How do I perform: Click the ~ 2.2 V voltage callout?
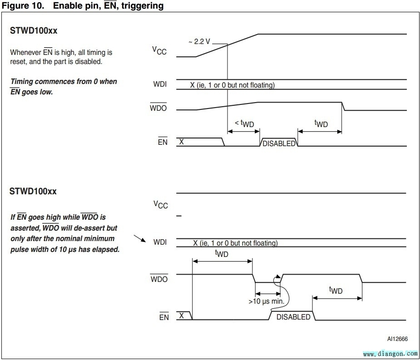coord(199,42)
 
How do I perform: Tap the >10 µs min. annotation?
coord(266,301)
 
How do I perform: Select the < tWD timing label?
coord(244,123)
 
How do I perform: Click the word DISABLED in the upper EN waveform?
coord(279,143)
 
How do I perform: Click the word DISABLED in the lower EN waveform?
coord(293,317)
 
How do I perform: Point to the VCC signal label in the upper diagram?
coord(159,50)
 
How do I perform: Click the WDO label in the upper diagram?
coord(158,109)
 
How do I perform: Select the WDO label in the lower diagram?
coord(159,279)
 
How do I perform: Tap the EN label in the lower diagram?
coord(164,317)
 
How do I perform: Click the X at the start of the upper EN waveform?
coord(182,141)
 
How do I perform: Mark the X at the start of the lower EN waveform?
coord(181,315)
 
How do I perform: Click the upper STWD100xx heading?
coord(33,32)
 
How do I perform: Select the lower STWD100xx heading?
coord(33,191)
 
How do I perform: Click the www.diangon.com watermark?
coord(390,353)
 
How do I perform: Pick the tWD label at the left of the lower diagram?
coord(222,253)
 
